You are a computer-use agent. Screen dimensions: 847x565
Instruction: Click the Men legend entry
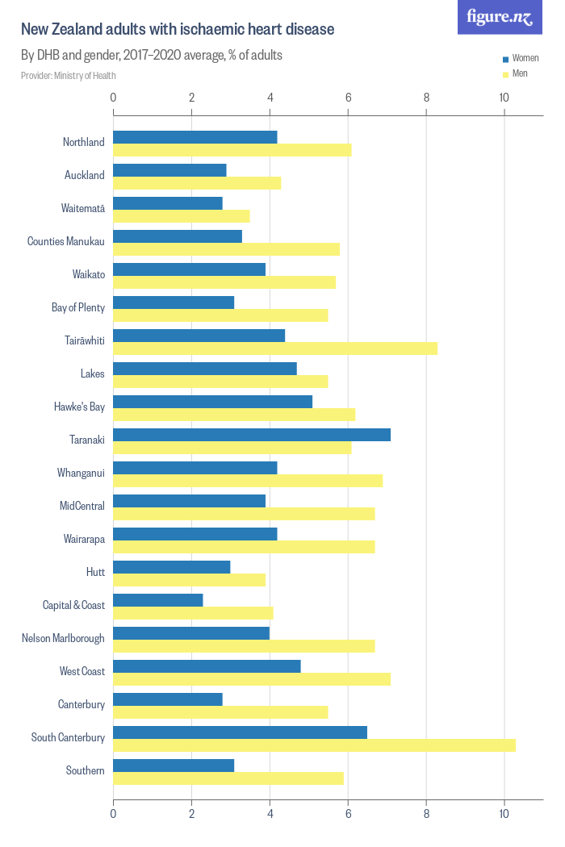pyautogui.click(x=520, y=73)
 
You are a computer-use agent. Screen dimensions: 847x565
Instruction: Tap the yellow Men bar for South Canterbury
pyautogui.click(x=314, y=745)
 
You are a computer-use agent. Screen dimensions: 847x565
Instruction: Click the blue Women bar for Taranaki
pyautogui.click(x=252, y=435)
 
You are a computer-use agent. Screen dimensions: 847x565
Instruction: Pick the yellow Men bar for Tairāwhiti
pyautogui.click(x=275, y=348)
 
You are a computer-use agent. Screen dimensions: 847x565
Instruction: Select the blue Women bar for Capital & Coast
pyautogui.click(x=158, y=600)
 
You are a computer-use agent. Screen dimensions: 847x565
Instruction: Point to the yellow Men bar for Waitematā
pyautogui.click(x=182, y=216)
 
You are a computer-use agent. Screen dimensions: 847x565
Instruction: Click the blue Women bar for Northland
pyautogui.click(x=195, y=137)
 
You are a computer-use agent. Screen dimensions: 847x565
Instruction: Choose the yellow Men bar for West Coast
pyautogui.click(x=252, y=678)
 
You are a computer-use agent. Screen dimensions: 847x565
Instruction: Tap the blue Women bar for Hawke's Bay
pyautogui.click(x=212, y=402)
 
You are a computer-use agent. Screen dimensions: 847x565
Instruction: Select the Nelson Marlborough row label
pyautogui.click(x=63, y=638)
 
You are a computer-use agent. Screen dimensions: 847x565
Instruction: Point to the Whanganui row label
pyautogui.click(x=81, y=473)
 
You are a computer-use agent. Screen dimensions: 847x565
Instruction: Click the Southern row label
pyautogui.click(x=85, y=770)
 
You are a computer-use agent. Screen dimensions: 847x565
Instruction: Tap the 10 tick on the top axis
pyautogui.click(x=504, y=98)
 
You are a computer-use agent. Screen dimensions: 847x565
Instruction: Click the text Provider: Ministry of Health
pyautogui.click(x=69, y=76)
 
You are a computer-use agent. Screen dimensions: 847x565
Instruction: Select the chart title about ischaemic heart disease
pyautogui.click(x=177, y=30)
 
